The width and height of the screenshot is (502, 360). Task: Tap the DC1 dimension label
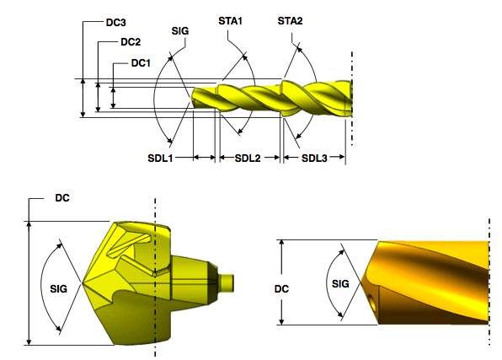pos(141,62)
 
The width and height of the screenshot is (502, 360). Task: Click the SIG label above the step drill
pos(179,30)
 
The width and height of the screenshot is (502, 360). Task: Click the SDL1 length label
pos(162,158)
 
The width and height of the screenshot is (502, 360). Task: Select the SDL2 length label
pos(248,158)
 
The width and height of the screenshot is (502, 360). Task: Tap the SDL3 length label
pos(315,158)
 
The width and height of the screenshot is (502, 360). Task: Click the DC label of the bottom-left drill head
pos(61,199)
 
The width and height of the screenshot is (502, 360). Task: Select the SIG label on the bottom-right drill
pos(340,283)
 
